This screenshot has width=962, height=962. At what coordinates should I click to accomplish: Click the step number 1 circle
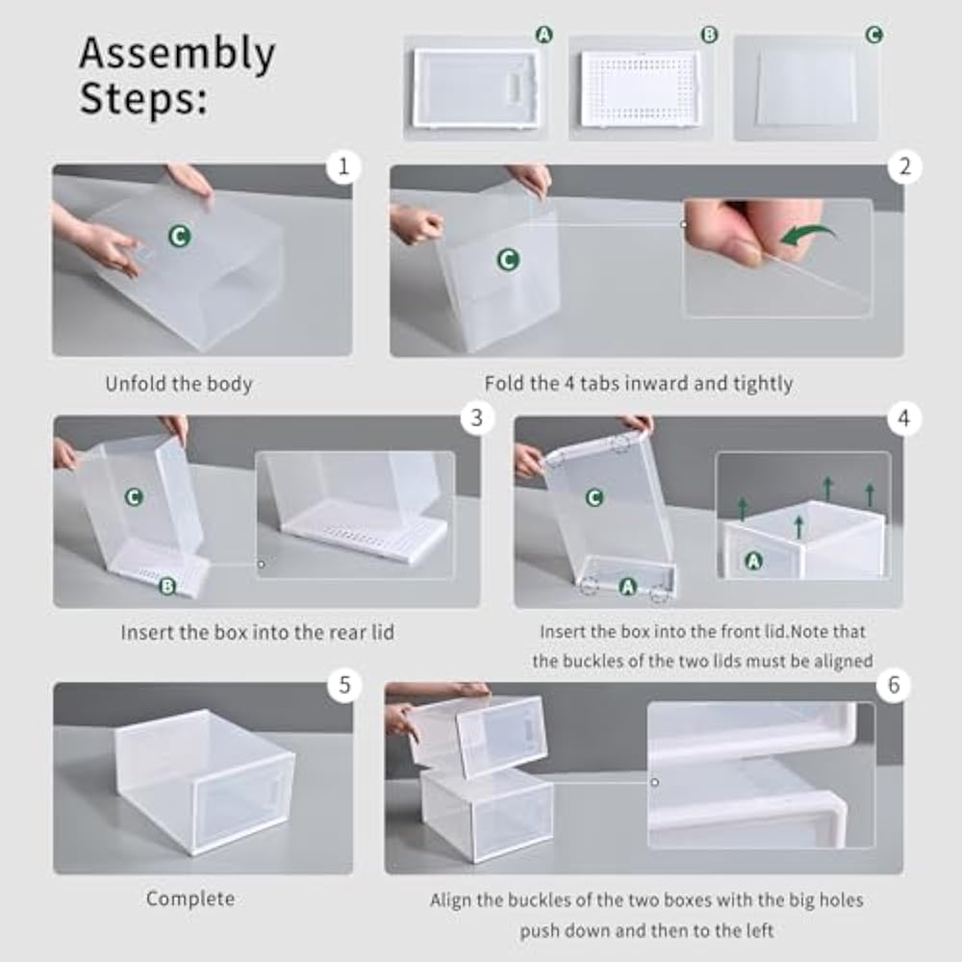342,167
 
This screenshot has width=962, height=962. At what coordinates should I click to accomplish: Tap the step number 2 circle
904,167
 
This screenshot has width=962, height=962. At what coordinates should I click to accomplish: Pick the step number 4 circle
904,418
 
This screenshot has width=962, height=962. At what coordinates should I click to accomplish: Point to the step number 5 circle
343,685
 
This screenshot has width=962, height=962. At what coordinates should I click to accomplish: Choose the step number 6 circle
895,685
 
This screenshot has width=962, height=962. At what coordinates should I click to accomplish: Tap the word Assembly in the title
177,54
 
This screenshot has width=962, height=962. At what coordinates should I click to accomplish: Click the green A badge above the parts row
544,35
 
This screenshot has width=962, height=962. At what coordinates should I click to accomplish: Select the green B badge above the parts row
709,35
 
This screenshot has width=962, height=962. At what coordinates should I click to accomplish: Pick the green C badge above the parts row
873,35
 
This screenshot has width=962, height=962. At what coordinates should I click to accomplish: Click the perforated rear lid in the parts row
641,89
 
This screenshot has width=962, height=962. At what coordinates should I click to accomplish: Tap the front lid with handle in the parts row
475,89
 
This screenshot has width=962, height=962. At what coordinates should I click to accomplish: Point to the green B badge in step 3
167,585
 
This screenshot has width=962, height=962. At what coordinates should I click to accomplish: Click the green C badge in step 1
179,236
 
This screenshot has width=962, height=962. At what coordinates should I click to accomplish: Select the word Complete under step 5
190,899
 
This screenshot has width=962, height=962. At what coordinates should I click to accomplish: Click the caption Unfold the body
179,384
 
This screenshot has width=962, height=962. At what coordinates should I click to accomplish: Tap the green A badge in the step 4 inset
753,560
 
